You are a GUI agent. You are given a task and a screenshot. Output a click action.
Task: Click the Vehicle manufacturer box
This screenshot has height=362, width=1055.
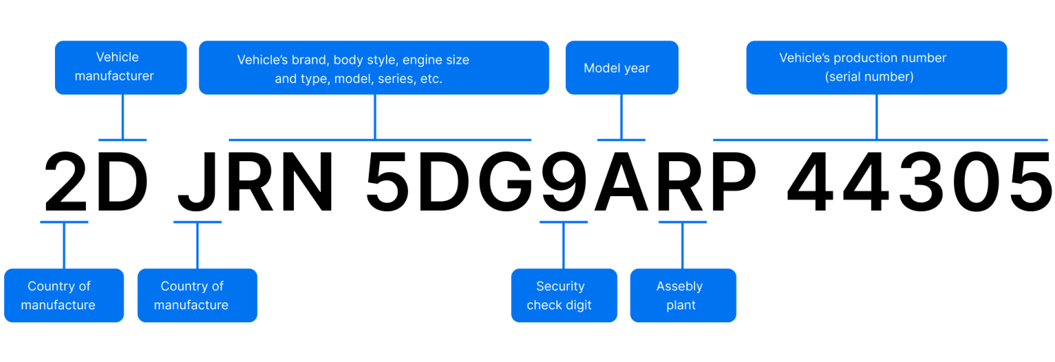(x=121, y=67)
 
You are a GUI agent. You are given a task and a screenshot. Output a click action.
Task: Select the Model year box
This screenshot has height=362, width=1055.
(x=622, y=67)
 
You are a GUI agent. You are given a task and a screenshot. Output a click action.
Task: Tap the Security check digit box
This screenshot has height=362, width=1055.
(x=564, y=295)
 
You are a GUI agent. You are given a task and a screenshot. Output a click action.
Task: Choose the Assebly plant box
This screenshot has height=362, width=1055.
(x=683, y=295)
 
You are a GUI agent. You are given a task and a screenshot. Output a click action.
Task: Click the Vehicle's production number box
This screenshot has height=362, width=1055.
(x=876, y=67)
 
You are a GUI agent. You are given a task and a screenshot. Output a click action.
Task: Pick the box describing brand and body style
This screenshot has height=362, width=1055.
(x=374, y=67)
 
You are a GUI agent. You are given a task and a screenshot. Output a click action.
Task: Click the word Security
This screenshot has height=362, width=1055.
(x=560, y=287)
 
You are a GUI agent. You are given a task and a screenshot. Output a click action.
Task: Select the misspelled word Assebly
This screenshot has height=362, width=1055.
(x=679, y=287)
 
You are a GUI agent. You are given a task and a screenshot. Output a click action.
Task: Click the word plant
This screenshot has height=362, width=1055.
(x=681, y=305)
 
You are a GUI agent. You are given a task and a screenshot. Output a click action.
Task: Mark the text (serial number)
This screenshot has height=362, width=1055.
(x=869, y=77)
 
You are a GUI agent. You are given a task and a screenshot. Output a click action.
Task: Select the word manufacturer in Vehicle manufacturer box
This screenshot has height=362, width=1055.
(x=114, y=76)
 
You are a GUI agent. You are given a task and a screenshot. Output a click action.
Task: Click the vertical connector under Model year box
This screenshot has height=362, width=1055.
(x=621, y=117)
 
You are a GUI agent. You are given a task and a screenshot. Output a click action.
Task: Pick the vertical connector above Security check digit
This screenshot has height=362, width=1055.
(x=563, y=245)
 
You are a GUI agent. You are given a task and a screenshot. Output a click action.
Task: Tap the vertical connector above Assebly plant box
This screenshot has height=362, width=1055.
(x=682, y=245)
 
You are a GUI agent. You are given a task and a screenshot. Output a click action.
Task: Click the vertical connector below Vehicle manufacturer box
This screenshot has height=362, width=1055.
(x=122, y=117)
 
